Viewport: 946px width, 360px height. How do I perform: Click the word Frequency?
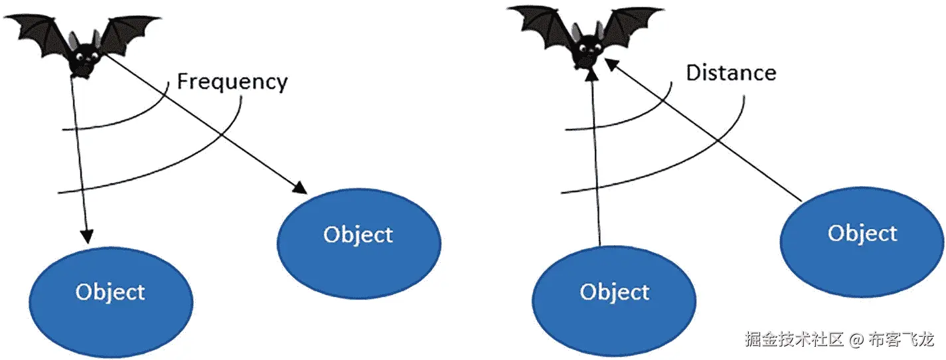232,82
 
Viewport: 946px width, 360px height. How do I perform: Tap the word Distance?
730,72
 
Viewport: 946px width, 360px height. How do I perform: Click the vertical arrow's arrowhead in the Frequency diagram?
86,237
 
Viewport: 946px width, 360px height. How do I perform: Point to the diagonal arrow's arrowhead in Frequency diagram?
300,189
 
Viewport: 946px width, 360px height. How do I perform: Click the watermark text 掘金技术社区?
794,340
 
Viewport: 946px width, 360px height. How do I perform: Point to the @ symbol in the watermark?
856,341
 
